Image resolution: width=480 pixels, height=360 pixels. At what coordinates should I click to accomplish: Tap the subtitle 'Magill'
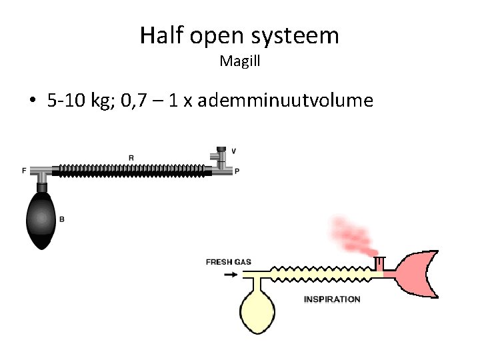(x=239, y=62)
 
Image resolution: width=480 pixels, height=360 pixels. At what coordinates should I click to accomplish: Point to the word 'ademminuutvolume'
(x=285, y=101)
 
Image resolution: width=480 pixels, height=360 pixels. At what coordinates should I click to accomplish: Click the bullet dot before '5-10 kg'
(x=31, y=101)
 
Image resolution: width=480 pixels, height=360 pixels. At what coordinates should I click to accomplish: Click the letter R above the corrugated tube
(x=131, y=157)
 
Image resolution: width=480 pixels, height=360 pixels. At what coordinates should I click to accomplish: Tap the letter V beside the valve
(x=233, y=151)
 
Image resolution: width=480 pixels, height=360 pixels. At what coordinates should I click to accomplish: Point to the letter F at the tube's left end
(x=24, y=171)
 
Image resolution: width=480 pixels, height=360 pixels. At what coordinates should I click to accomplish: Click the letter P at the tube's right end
(x=237, y=171)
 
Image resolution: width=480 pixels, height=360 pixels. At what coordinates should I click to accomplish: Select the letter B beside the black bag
(x=62, y=219)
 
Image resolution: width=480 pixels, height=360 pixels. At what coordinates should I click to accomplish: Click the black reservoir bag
(x=42, y=219)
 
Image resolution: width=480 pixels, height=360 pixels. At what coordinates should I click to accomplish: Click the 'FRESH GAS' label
(x=229, y=262)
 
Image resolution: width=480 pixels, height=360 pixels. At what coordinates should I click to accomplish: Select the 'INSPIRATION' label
(x=332, y=299)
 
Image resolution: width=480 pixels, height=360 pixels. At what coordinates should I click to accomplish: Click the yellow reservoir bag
(x=258, y=311)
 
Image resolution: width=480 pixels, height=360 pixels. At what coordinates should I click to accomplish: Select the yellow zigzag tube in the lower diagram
(x=320, y=273)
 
